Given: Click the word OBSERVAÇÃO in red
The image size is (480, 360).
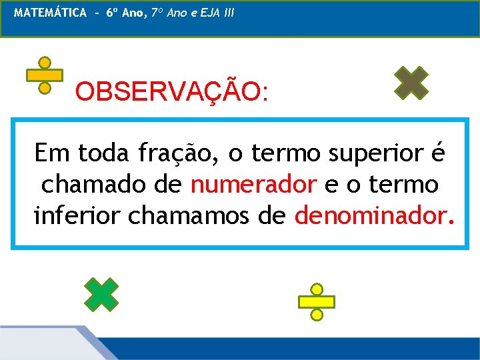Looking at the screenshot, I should point(172,91).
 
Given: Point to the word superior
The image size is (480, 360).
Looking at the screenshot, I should point(371,155).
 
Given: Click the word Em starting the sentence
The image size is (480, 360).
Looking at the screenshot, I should point(51,154).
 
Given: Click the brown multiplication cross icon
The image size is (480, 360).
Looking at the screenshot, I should point(411,83).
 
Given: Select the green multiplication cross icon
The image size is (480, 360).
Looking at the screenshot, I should point(101,294).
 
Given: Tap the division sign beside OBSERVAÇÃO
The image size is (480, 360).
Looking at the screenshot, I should point(45,75).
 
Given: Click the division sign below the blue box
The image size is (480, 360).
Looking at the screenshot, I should point(317,302).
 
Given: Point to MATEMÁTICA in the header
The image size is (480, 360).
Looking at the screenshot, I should point(50,13).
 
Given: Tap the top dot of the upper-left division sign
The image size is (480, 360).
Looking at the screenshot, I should point(45,63).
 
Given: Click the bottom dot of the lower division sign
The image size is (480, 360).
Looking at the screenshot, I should point(317,315).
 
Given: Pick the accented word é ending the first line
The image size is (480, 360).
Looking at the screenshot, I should point(437,154).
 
